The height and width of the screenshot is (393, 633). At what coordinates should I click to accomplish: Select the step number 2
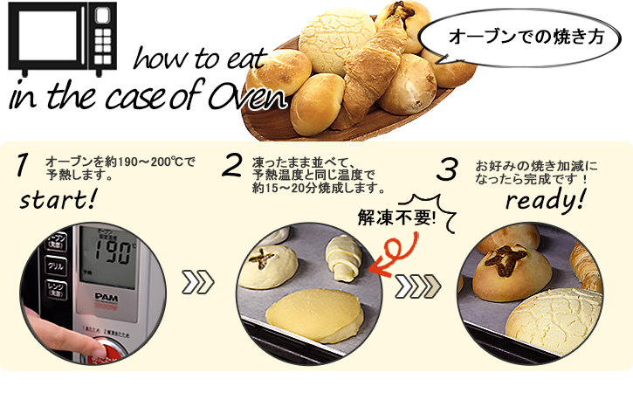click(232, 165)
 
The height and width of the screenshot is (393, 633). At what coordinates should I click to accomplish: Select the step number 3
click(446, 169)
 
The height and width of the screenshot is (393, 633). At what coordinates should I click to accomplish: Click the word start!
click(56, 202)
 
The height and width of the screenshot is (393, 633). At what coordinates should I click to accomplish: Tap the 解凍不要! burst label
click(396, 216)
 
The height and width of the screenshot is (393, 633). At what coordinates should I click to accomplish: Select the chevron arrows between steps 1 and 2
click(197, 284)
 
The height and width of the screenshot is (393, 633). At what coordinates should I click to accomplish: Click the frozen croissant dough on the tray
click(342, 259)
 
